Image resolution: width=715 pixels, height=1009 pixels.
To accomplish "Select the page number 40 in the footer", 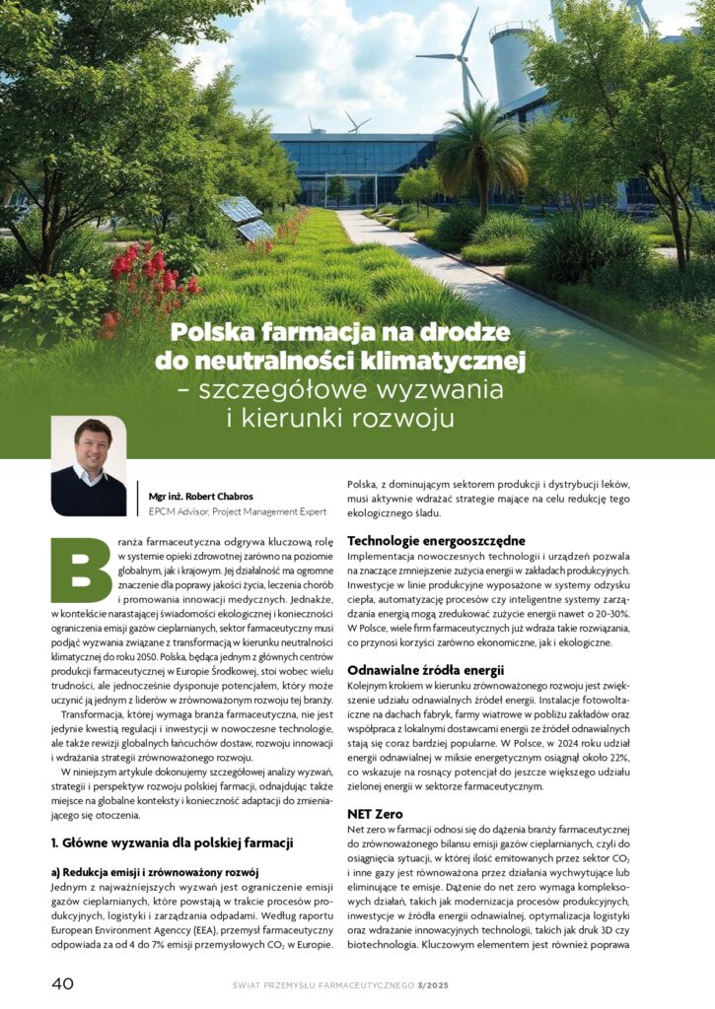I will point(63,983).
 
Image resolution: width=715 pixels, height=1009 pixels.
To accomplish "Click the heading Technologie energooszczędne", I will point(422,541).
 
